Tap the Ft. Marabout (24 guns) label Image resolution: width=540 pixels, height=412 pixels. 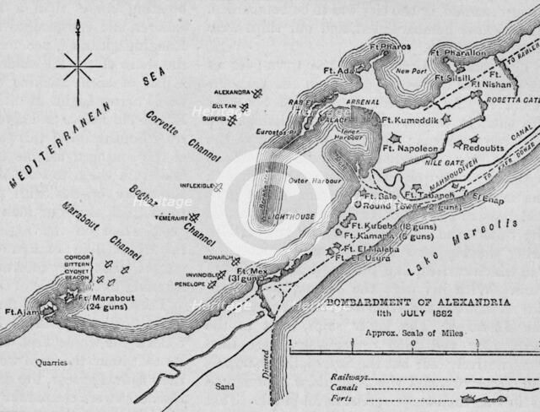(104, 301)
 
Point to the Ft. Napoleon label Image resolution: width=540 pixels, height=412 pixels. (411, 148)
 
